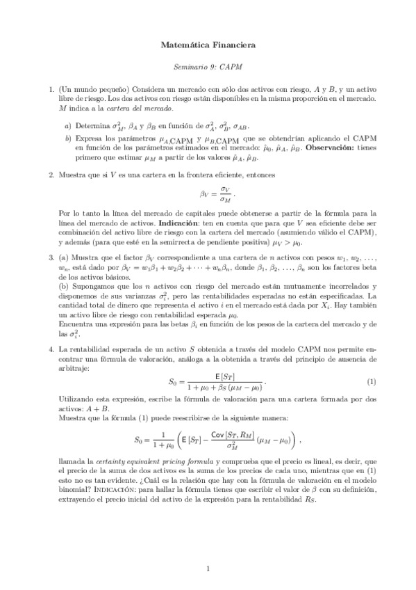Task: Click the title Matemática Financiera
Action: [208, 45]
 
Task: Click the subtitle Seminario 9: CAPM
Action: [208, 67]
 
